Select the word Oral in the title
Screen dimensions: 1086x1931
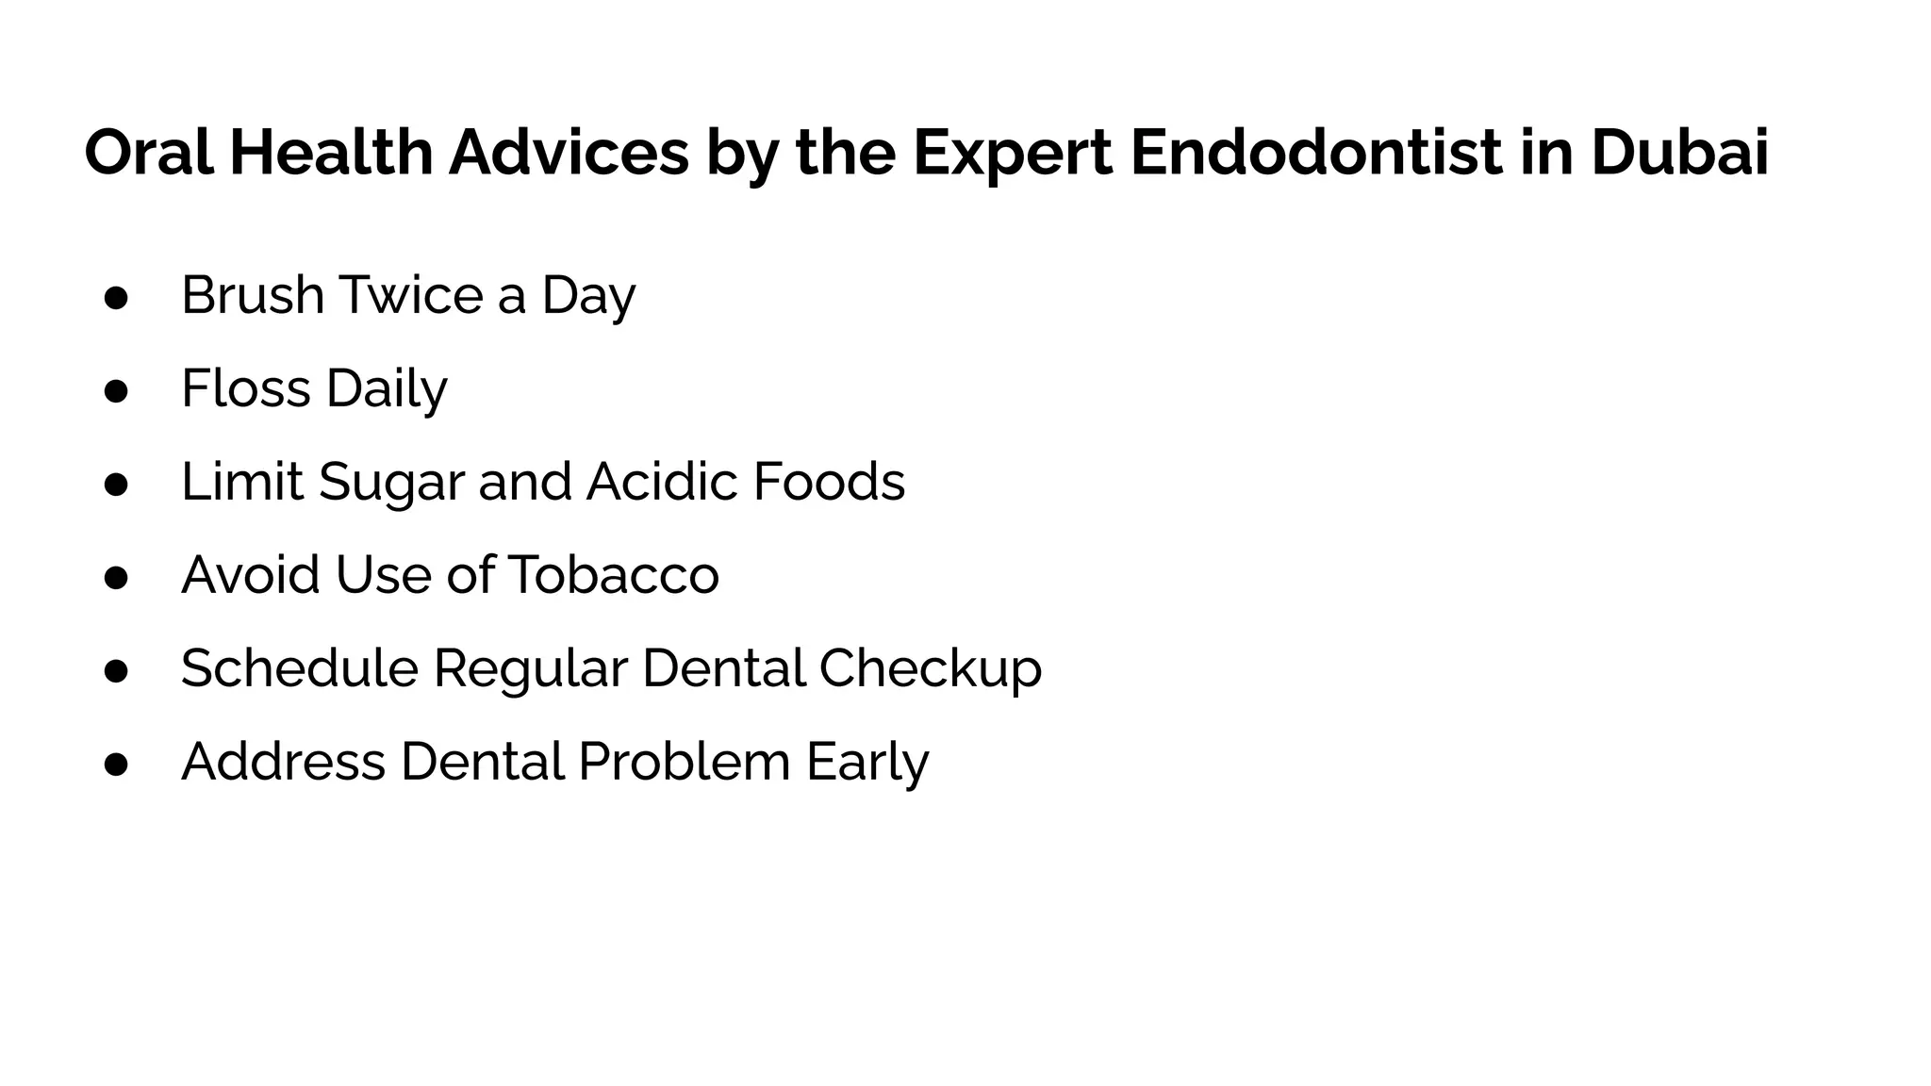tap(149, 153)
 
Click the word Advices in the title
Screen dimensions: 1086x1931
tap(569, 153)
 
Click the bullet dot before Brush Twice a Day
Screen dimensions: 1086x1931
tap(116, 298)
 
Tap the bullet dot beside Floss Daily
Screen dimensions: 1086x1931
tap(116, 391)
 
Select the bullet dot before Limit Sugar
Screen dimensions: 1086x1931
tap(116, 485)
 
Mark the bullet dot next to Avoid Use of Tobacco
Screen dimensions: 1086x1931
tap(116, 578)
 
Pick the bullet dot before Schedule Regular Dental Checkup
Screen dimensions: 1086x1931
tap(116, 671)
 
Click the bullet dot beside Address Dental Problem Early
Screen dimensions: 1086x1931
tap(116, 765)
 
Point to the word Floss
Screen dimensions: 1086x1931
tap(246, 387)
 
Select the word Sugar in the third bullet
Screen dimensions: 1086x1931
tap(391, 483)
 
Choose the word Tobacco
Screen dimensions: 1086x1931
tap(614, 574)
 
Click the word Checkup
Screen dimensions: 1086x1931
tap(930, 669)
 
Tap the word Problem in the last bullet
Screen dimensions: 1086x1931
tap(684, 761)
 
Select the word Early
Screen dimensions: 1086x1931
tap(867, 763)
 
